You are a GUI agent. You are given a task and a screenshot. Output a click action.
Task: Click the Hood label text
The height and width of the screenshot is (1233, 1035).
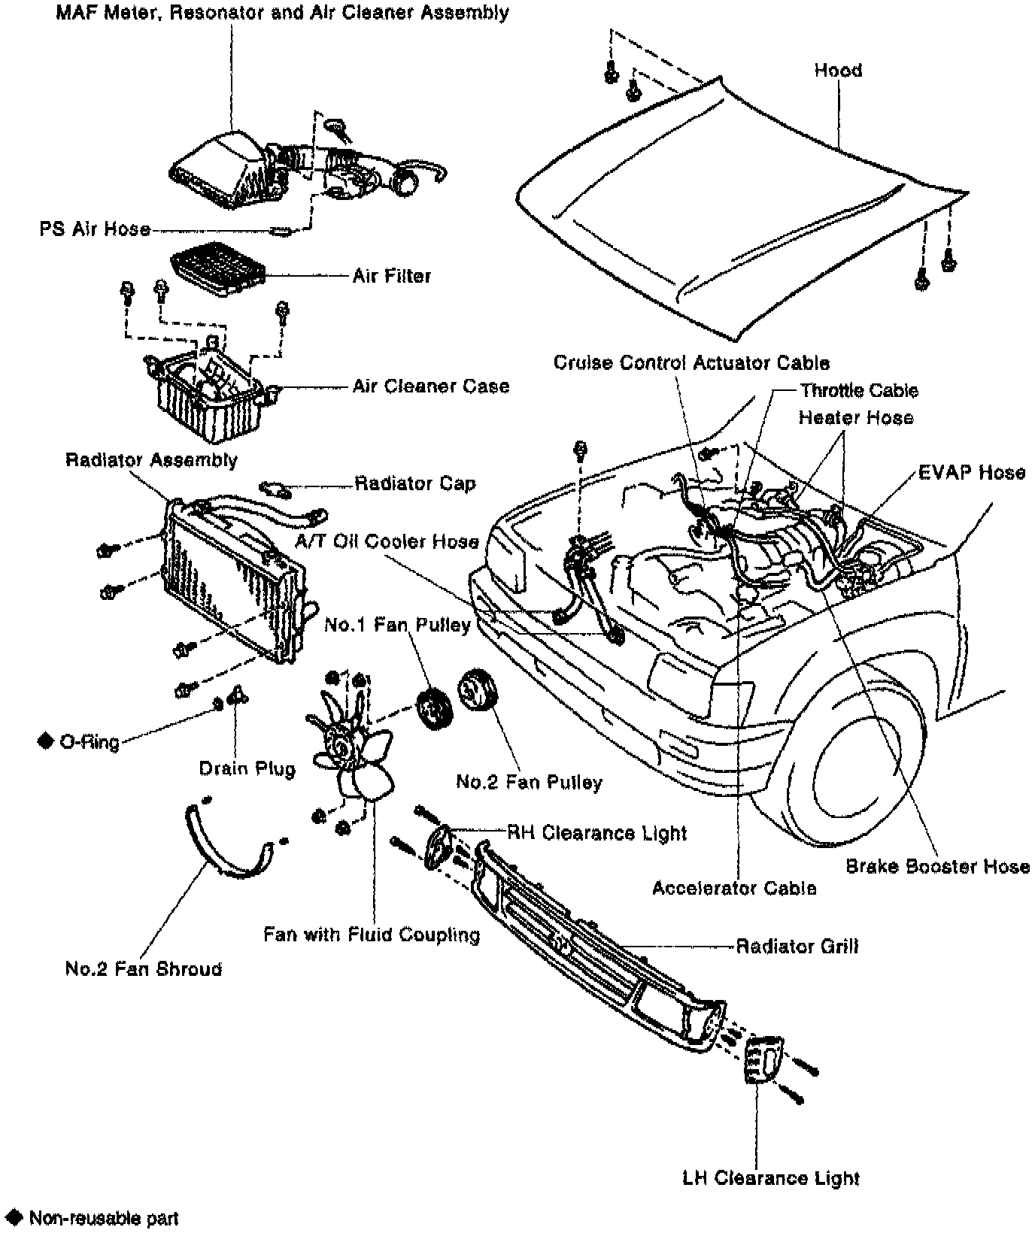(x=837, y=71)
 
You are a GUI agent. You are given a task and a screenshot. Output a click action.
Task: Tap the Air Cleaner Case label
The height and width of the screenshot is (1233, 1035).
(x=431, y=386)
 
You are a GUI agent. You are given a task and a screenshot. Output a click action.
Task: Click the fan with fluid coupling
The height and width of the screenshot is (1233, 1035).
(x=352, y=752)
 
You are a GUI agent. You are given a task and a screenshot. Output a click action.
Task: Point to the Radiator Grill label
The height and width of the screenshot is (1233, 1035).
(x=797, y=946)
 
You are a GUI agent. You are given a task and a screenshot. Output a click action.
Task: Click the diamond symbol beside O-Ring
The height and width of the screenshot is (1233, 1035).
(x=46, y=741)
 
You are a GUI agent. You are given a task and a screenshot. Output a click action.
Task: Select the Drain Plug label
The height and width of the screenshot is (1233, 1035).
(x=247, y=768)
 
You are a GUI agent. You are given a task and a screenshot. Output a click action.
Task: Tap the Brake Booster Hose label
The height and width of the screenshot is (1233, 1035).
(x=937, y=866)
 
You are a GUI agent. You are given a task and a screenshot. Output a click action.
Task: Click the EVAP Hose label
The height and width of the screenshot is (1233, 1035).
(x=972, y=472)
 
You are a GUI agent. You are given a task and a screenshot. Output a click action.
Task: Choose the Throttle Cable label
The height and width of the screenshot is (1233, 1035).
(x=858, y=390)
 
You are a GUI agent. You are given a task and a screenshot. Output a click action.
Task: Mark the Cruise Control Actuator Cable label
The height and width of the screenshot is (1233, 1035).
(x=691, y=362)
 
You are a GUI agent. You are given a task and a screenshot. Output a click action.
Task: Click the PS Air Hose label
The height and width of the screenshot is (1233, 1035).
(x=95, y=229)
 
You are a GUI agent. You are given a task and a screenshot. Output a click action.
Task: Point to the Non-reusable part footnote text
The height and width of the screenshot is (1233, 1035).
(x=104, y=1218)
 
